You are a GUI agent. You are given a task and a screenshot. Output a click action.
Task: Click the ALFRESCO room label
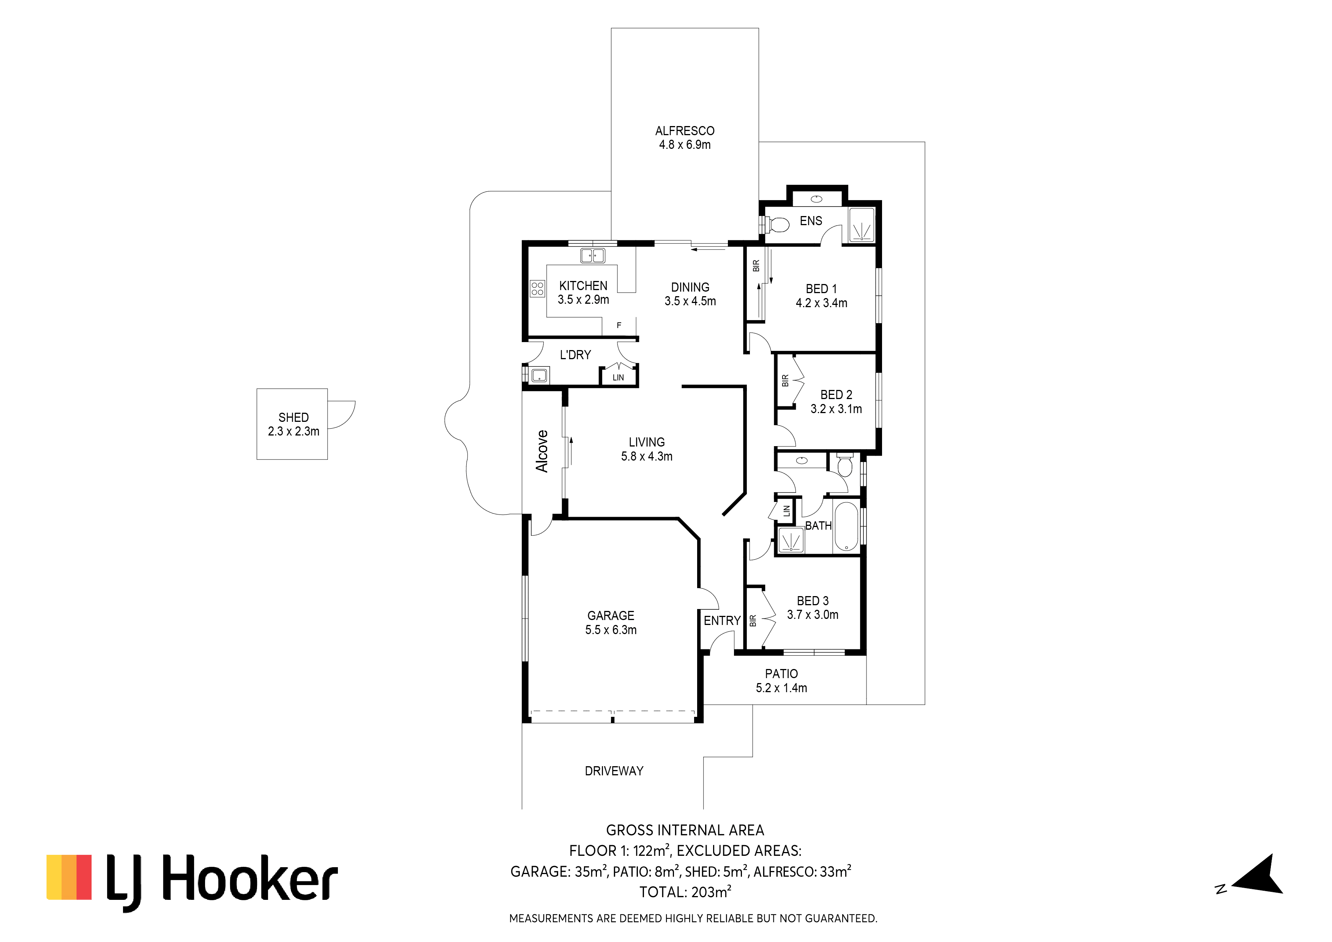tap(685, 131)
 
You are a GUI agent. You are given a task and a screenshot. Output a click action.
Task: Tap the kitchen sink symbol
tap(592, 255)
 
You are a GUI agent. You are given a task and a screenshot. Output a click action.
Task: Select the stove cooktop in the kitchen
tap(537, 288)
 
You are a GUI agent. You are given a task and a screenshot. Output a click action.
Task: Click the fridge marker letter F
tap(619, 325)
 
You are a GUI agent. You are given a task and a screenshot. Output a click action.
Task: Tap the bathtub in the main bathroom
tap(846, 526)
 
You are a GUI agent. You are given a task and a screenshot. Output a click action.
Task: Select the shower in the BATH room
tap(790, 540)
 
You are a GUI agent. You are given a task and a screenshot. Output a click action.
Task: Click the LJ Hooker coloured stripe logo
tap(69, 877)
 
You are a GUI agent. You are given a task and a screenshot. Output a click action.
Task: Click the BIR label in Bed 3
tap(753, 621)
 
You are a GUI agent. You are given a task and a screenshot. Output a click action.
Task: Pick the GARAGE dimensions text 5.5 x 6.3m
tap(611, 630)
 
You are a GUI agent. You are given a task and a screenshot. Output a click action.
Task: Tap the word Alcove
tap(542, 451)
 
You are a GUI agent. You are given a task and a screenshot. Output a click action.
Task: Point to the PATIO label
tap(781, 674)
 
